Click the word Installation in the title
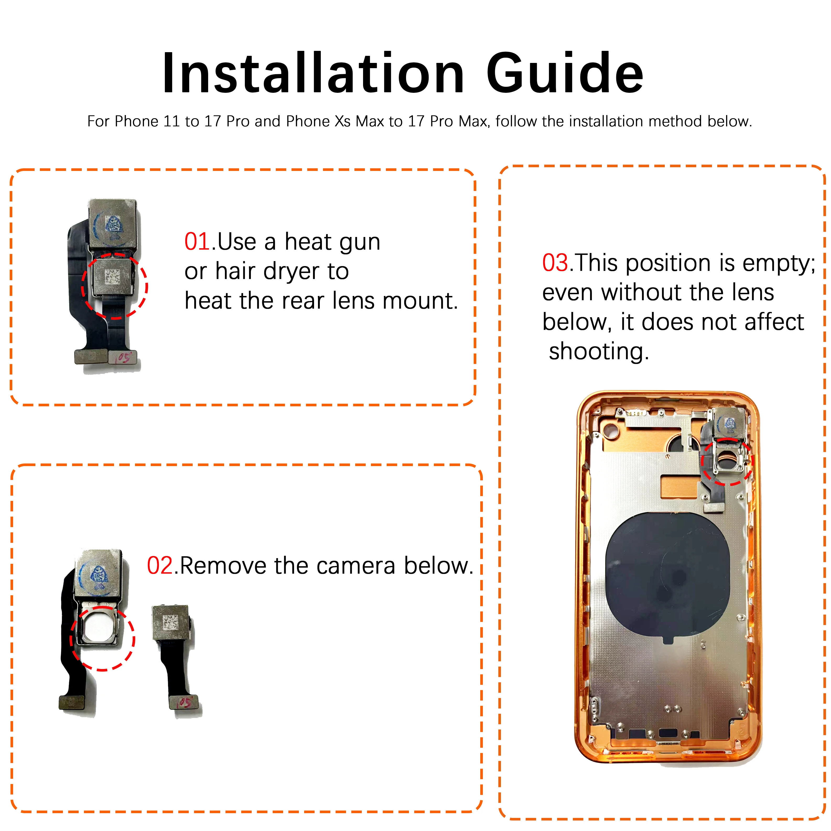tap(313, 73)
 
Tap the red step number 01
tap(197, 242)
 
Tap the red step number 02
tap(160, 566)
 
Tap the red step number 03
tap(555, 263)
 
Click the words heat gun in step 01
tap(332, 242)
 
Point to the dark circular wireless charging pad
tap(667, 576)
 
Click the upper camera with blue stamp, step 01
tap(114, 224)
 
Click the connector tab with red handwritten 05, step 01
tap(123, 357)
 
